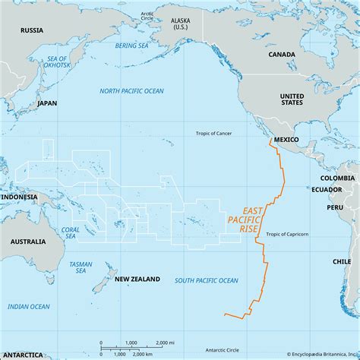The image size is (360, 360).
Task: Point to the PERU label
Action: pyautogui.click(x=335, y=207)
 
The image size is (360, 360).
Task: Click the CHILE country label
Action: pyautogui.click(x=342, y=260)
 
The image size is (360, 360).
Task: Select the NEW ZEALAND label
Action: pyautogui.click(x=137, y=279)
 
